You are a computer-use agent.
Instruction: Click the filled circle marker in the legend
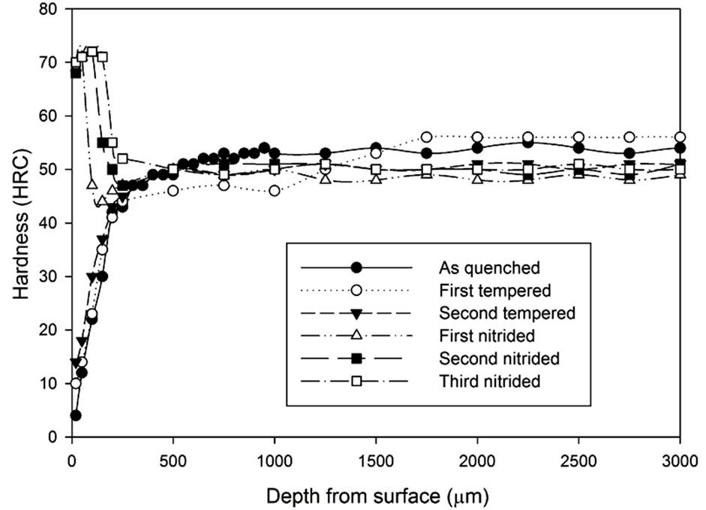pos(357,267)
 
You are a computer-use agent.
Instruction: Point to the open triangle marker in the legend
pos(357,335)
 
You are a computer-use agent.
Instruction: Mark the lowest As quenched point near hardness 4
pos(76,415)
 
